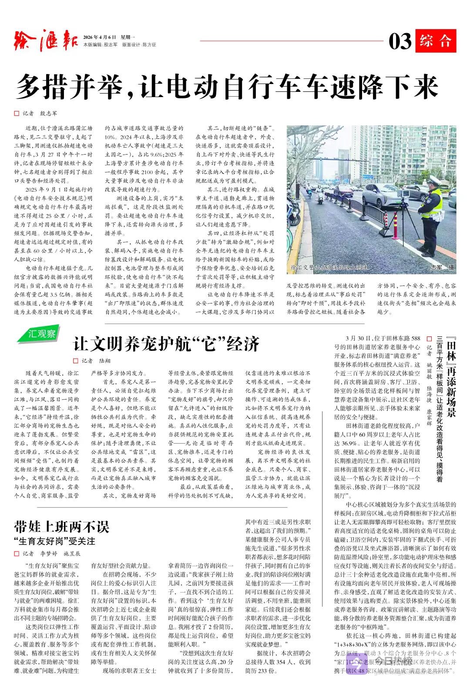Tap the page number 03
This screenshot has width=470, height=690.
click(x=399, y=41)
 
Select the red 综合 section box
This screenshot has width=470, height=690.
click(x=435, y=41)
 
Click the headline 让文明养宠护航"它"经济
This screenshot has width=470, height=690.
click(x=166, y=344)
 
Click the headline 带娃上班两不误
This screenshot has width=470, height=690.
click(x=61, y=527)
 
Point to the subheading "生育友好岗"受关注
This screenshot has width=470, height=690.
click(x=54, y=541)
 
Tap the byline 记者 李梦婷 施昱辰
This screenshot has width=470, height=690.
click(x=48, y=554)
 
